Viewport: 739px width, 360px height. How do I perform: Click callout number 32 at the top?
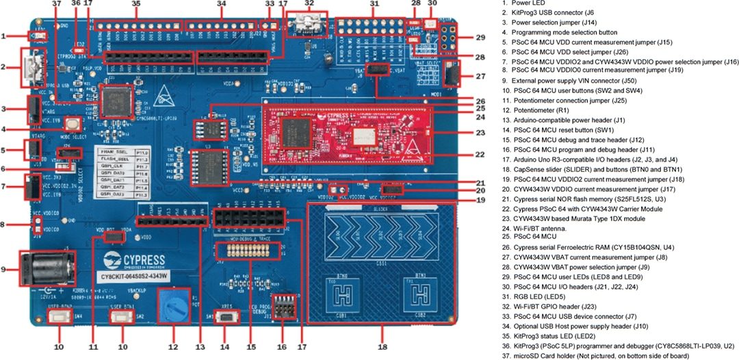pos(309,4)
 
